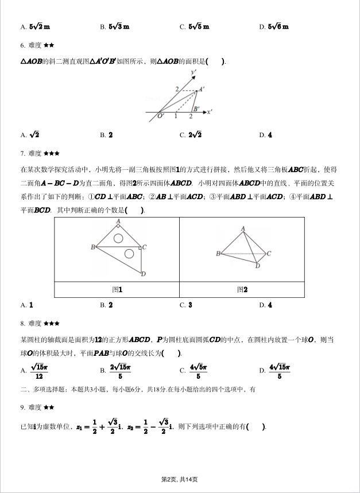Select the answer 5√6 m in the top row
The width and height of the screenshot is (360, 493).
[278, 26]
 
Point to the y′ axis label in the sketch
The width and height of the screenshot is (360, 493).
[195, 72]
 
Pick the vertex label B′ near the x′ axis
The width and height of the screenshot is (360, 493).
[196, 109]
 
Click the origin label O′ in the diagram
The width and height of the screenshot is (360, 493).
[161, 116]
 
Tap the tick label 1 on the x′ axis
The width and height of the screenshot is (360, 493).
[175, 117]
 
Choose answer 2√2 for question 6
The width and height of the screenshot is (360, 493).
[193, 135]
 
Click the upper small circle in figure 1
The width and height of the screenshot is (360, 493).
[118, 237]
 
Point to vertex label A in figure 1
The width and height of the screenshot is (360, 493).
[118, 221]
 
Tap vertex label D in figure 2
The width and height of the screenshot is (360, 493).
[258, 266]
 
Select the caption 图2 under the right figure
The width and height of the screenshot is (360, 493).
[242, 290]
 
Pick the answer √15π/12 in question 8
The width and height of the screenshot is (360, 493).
[38, 371]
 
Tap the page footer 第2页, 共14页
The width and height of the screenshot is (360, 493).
[180, 479]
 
